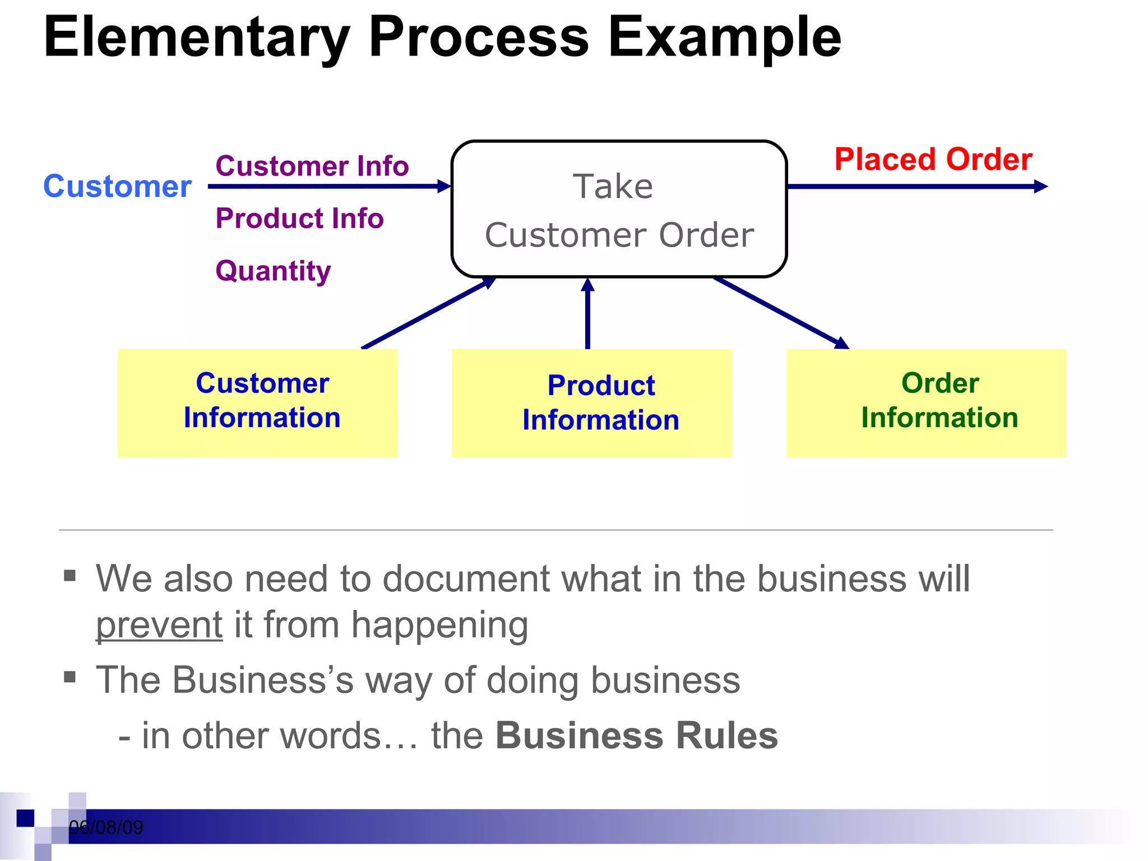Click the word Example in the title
coord(724,38)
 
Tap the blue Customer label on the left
coord(117,186)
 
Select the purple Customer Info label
coord(312,166)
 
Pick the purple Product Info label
coord(299,218)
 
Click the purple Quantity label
coord(273,271)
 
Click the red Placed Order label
coord(933,159)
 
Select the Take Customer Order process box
coord(619,209)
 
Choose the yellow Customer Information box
coord(257,402)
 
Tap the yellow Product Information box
coord(591,402)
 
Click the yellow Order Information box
coord(926,402)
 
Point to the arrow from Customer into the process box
coord(328,186)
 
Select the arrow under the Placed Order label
coord(916,186)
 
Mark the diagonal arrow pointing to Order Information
coord(782,313)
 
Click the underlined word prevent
coord(159,625)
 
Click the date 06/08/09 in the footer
coord(106,827)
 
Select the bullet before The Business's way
coord(70,677)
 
